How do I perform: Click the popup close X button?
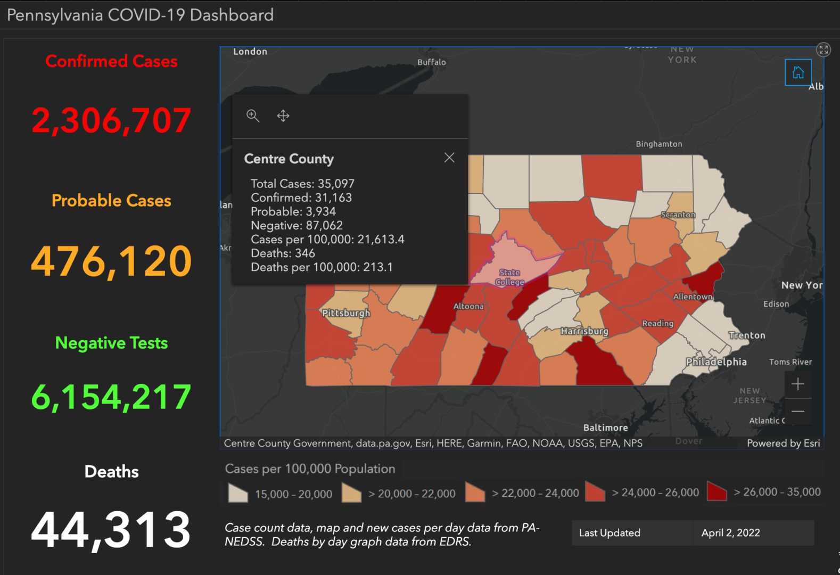tap(449, 158)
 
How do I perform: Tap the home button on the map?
tap(798, 72)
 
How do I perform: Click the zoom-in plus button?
tap(797, 384)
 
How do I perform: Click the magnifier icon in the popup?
tap(253, 116)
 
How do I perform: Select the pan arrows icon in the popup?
tap(283, 116)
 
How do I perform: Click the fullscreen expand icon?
tap(823, 50)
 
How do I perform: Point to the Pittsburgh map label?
tap(346, 313)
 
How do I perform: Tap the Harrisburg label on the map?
tap(584, 331)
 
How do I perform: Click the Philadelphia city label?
tap(716, 362)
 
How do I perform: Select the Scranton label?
tap(678, 215)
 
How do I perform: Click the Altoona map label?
tap(468, 306)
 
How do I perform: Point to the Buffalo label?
tap(431, 62)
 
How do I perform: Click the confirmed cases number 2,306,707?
tap(111, 120)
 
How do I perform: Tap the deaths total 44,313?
tap(111, 530)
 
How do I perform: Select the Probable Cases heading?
tap(111, 201)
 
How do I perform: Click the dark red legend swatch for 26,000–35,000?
tap(717, 491)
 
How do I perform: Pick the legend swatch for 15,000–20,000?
tap(238, 493)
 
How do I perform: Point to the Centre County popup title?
tap(289, 159)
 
